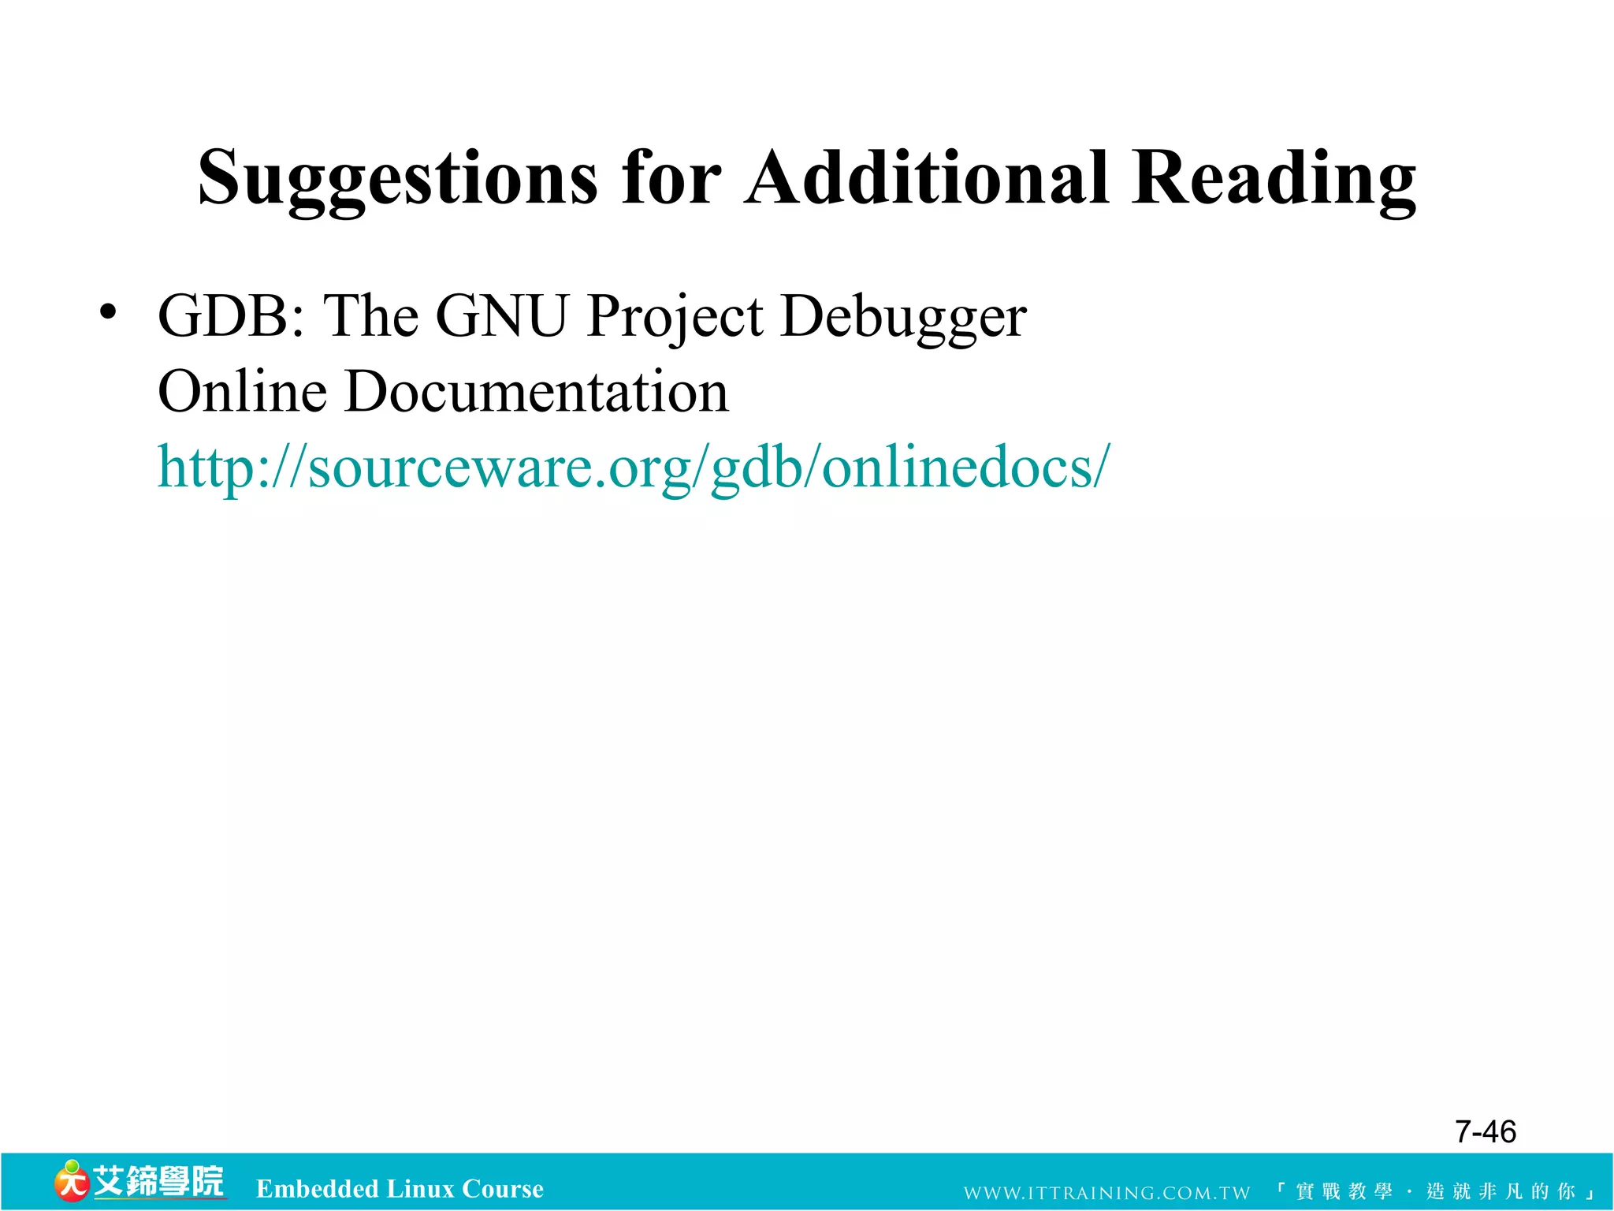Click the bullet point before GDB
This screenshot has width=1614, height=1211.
pos(108,313)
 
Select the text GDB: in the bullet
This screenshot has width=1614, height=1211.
pos(231,316)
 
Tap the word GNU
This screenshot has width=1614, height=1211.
pos(501,316)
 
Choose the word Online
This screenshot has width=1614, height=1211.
pos(242,392)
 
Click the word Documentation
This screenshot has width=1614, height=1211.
pos(537,392)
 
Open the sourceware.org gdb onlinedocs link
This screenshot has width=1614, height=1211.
pos(633,468)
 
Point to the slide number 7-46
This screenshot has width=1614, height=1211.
pos(1485,1131)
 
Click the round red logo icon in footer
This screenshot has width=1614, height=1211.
pos(71,1181)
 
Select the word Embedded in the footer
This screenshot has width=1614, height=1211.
pos(317,1188)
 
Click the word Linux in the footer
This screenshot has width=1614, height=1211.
pos(420,1188)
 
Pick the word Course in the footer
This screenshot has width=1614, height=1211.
pos(503,1188)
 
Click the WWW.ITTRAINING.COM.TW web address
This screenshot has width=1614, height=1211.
pos(1106,1192)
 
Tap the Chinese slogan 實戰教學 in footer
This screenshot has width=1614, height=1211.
pos(1344,1191)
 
